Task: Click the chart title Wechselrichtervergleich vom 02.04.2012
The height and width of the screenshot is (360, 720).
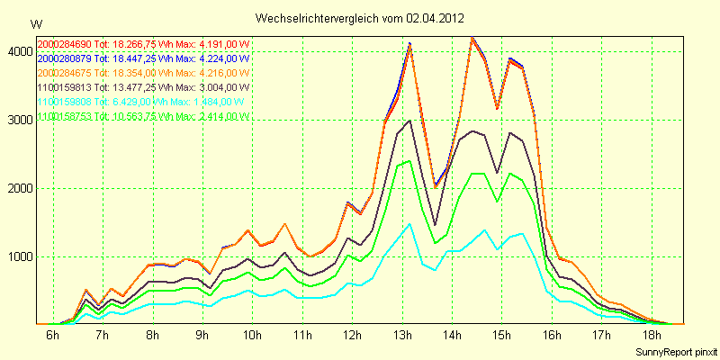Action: click(x=360, y=17)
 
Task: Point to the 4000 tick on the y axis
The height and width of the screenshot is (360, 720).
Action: click(x=19, y=51)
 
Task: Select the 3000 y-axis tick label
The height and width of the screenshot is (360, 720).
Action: click(x=19, y=120)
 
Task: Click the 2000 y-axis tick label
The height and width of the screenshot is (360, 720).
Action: click(x=19, y=188)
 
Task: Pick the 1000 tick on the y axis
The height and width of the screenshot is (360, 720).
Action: click(x=19, y=256)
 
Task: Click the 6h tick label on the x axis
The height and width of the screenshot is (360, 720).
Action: click(x=52, y=336)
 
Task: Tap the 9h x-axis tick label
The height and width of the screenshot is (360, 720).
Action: click(x=202, y=336)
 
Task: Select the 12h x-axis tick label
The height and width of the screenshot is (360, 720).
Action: click(x=352, y=336)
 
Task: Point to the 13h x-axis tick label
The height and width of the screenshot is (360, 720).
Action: click(x=402, y=336)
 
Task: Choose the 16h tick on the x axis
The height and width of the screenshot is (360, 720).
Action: click(x=552, y=336)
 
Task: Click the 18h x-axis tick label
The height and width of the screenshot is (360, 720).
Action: click(x=652, y=336)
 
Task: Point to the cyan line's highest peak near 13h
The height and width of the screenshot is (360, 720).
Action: click(x=409, y=224)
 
